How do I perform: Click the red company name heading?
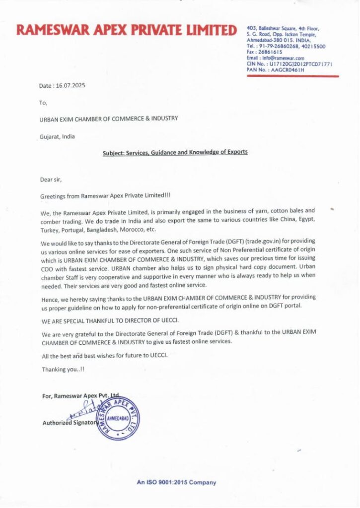tap(126, 31)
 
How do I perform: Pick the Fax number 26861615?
tap(271, 52)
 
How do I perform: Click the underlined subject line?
tap(175, 153)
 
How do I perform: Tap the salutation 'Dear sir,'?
tap(52, 180)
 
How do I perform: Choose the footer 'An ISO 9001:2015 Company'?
tap(176, 482)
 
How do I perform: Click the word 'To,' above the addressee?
tap(43, 103)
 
